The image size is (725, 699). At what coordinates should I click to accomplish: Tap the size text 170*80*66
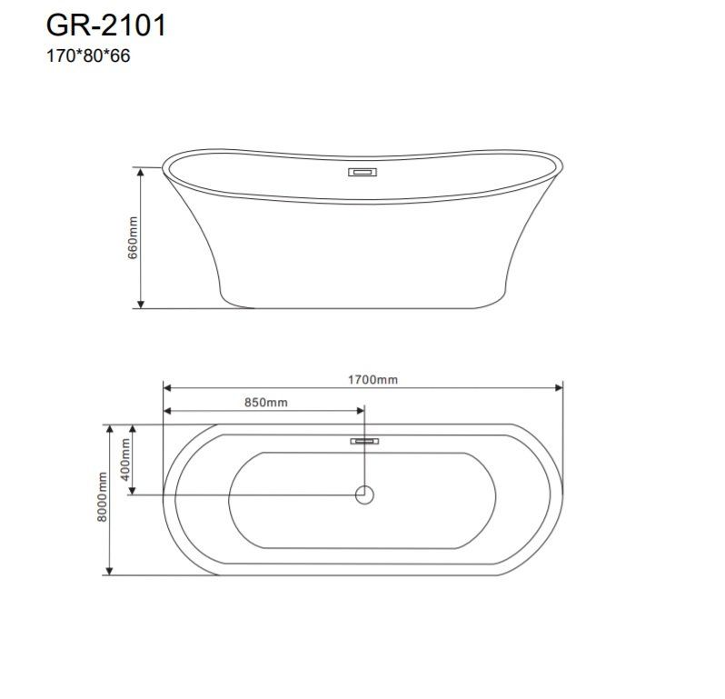88,56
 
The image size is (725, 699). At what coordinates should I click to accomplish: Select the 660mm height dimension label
133,238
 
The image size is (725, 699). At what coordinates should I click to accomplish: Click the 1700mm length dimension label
372,380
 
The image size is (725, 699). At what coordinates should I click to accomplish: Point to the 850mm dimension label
266,403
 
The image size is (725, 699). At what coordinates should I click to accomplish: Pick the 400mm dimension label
125,460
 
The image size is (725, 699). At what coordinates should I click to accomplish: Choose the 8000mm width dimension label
102,497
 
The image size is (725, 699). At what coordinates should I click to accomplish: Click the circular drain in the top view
364,495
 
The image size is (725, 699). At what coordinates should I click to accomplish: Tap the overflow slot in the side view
362,172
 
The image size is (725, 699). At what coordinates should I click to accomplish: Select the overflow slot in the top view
364,441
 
